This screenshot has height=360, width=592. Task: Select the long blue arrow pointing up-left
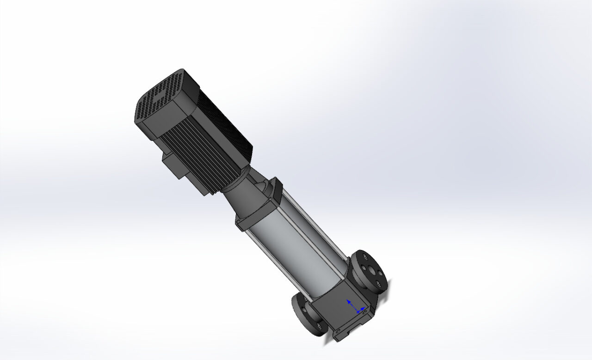[x=351, y=304]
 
